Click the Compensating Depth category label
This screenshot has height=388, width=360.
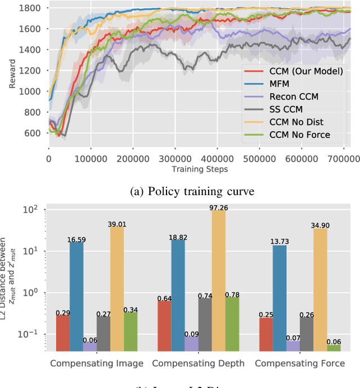198,363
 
